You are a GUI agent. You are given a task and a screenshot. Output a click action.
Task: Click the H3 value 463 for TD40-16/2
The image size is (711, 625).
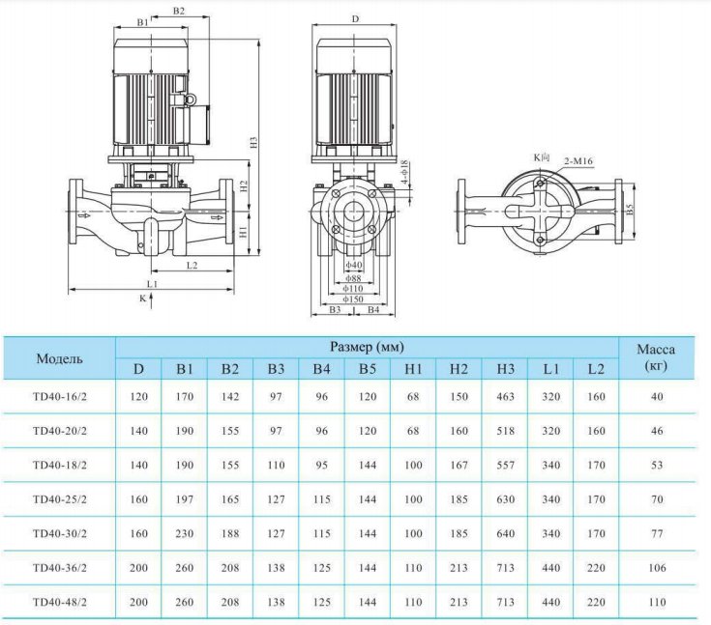505,396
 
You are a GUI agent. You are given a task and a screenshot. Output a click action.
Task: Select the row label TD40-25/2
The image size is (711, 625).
60,499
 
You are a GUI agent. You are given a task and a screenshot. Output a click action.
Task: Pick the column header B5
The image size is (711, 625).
367,368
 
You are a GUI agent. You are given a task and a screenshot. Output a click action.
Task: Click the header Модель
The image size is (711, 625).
60,358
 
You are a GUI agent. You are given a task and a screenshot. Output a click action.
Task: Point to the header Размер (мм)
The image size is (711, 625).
367,346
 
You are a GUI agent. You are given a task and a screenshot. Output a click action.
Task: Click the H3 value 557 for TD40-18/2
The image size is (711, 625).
505,465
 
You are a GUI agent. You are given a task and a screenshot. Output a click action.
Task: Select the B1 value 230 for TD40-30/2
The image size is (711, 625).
185,533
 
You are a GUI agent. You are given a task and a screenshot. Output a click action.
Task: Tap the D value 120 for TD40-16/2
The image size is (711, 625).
138,396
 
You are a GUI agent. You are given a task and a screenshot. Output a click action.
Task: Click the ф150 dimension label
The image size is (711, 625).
353,298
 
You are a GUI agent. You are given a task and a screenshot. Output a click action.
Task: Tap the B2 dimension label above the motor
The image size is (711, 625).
178,11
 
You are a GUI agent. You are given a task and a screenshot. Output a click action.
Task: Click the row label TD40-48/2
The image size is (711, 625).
60,602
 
